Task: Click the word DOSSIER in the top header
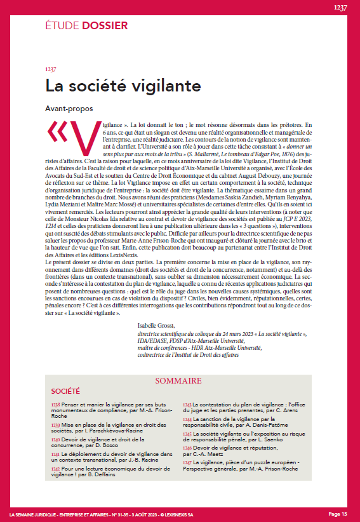pyautogui.click(x=103, y=26)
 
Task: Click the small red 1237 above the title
pyautogui.click(x=51, y=69)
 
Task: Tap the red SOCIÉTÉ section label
pyautogui.click(x=65, y=391)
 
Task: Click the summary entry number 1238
pyautogui.click(x=55, y=404)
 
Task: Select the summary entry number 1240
pyautogui.click(x=55, y=439)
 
